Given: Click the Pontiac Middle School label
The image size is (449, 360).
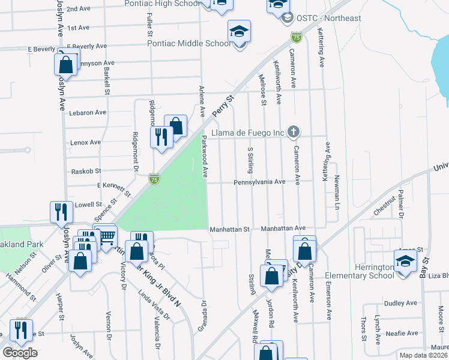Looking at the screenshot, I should click(189, 43).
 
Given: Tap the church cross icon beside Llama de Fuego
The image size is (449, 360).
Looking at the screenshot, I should click(294, 131).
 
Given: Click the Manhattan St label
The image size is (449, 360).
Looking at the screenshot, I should click(229, 229).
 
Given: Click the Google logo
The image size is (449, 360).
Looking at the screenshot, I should click(20, 353).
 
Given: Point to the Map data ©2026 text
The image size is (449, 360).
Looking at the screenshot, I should click(423, 355).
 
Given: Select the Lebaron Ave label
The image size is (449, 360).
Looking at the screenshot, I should click(88, 112).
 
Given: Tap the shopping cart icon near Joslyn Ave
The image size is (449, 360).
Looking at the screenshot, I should click(107, 239).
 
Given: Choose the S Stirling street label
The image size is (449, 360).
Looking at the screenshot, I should click(250, 160).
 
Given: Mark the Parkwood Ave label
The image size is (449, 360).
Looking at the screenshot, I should click(204, 156).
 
